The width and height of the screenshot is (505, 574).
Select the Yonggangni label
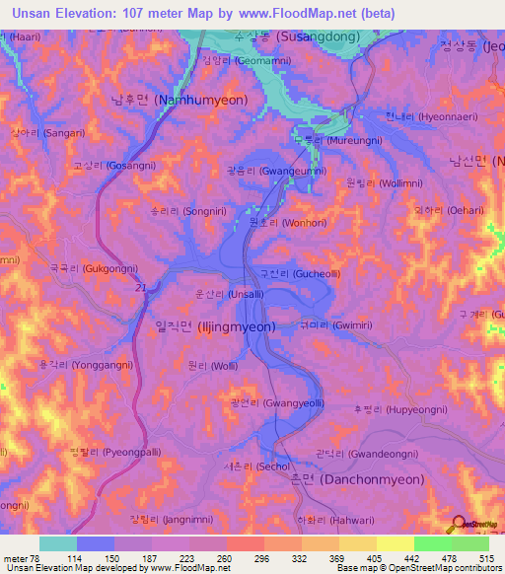point(73,364)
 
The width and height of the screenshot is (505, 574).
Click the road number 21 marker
point(139,288)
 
